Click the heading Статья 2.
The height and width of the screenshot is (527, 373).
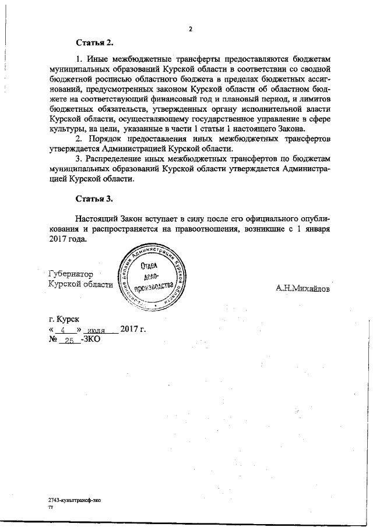coord(94,43)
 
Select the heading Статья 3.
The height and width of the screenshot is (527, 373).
coord(94,199)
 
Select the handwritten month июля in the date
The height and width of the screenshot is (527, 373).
coord(99,330)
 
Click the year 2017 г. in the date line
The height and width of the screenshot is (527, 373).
coord(132,330)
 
